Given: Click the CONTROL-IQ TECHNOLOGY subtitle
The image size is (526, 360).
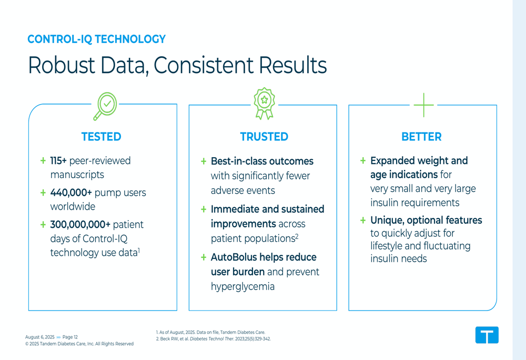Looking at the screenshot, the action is (x=97, y=39).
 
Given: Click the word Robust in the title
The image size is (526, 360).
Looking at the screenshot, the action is (x=62, y=65).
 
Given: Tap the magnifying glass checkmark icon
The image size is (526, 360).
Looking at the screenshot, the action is (x=105, y=106).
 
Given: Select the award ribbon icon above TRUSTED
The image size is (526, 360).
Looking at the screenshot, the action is (x=265, y=104).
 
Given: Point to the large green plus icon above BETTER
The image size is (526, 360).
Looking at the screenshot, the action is (x=423, y=105).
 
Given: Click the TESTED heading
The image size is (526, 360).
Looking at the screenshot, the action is (x=102, y=137).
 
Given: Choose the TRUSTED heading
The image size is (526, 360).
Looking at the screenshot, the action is (x=264, y=137).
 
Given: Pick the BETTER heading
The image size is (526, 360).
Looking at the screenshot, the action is (x=422, y=137).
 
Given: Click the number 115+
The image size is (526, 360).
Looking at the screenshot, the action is (x=58, y=161).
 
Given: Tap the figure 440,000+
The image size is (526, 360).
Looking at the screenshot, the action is (x=71, y=193).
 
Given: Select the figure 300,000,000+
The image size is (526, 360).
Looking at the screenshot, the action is (x=80, y=224).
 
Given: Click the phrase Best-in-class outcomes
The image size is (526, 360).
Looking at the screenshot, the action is (x=262, y=161).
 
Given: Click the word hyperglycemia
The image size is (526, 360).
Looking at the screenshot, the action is (x=242, y=286).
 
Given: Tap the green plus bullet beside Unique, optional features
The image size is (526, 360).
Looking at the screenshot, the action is (x=362, y=220).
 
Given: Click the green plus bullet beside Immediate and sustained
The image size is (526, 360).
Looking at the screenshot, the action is (x=203, y=210).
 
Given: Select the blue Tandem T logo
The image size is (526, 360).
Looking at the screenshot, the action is (x=487, y=335).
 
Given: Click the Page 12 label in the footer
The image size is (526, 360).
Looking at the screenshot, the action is (x=70, y=337).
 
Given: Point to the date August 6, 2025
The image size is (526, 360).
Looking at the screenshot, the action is (x=39, y=337).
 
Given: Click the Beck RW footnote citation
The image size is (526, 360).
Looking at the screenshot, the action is (x=213, y=339).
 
